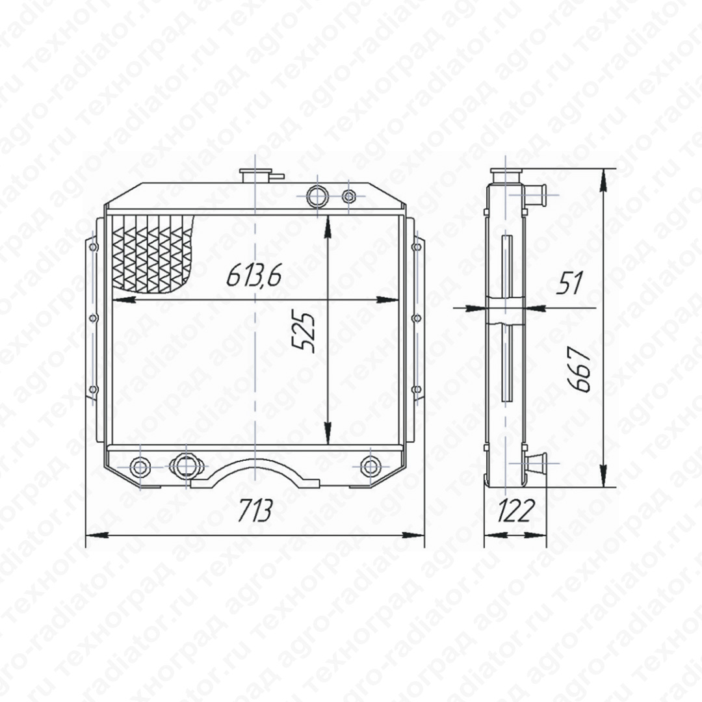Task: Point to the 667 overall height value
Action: tap(580, 370)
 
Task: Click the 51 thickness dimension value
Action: tap(569, 283)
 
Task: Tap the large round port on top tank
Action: tap(317, 196)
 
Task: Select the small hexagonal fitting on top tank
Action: tap(349, 196)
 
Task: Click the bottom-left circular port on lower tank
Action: tap(140, 467)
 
